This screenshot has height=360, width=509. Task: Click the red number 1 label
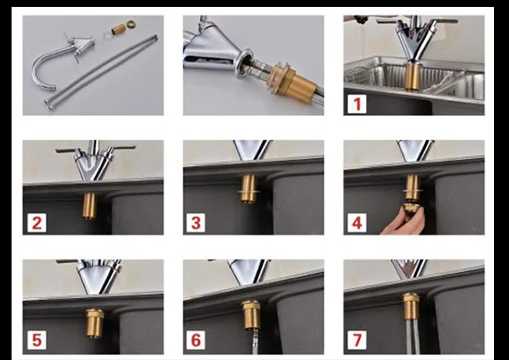357,105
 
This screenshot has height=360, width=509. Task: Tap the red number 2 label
37,223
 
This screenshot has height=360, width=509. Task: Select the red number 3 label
195,223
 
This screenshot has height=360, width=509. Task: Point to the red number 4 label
357,223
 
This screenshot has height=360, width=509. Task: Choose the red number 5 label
37,340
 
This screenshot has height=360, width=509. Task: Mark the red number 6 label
195,340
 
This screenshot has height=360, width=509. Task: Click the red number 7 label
357,340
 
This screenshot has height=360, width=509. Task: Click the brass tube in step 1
413,76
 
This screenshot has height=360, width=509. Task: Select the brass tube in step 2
89,206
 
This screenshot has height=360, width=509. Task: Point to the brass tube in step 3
249,188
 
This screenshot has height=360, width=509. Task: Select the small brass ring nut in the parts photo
130,24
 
